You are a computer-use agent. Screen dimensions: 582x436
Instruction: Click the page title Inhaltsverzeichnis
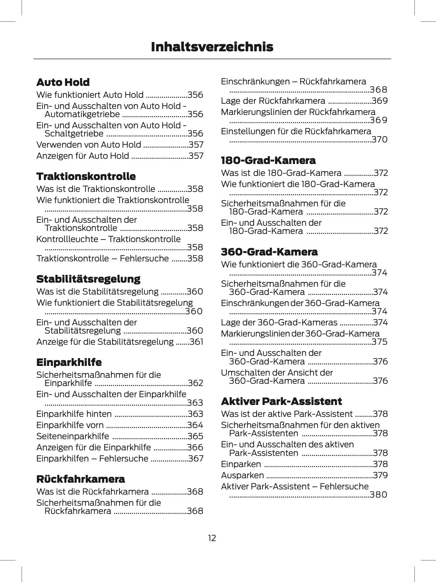212,47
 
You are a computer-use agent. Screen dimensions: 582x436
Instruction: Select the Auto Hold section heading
63,82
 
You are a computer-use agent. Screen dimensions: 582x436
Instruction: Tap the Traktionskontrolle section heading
86,176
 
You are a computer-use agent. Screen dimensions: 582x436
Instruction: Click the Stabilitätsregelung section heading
88,279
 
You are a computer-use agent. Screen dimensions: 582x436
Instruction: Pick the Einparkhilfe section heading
69,362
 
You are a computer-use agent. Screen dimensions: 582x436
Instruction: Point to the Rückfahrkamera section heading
80,479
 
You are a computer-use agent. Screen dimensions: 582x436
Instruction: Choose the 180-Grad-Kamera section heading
268,161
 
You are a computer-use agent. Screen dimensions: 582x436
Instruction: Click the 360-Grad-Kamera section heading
269,252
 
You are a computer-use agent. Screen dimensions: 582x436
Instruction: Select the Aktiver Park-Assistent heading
281,401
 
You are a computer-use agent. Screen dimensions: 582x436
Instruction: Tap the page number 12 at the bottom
212,538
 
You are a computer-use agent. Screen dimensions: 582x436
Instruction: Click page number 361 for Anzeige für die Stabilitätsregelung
196,342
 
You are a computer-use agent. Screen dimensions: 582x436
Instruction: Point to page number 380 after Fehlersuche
379,495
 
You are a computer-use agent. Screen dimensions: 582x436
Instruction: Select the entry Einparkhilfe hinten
74,414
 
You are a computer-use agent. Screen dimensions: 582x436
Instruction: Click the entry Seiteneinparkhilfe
73,436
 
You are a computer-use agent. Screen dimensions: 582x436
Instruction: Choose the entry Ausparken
242,475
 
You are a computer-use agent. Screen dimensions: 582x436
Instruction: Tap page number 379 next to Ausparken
380,475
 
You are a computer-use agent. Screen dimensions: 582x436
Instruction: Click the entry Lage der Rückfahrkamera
273,101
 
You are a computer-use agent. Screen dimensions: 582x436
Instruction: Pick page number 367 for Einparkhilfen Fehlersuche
196,459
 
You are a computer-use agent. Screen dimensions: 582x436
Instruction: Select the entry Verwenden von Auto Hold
89,145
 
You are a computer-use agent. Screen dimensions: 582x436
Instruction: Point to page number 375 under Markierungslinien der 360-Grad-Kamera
380,342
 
